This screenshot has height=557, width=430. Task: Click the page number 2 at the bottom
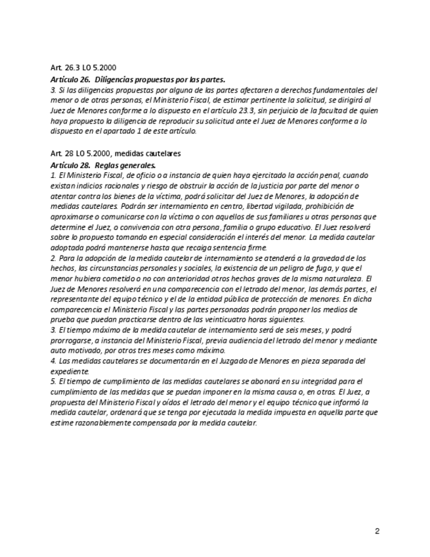tap(377, 531)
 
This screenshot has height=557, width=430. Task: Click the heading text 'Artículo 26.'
tap(70, 79)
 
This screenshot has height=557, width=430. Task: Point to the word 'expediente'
tap(69, 371)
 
